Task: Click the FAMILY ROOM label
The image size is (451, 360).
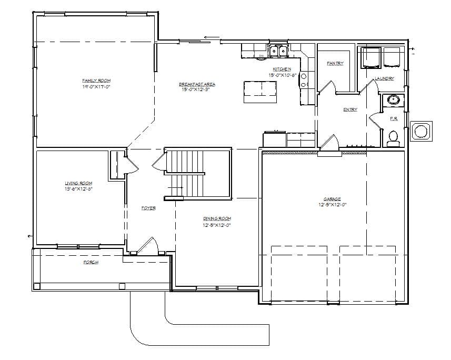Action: pos(96,80)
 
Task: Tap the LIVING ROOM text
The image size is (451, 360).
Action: pos(78,183)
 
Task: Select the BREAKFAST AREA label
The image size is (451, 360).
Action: pos(197,84)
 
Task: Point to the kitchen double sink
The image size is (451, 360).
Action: pos(278,52)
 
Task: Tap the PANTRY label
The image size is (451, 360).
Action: pos(335,63)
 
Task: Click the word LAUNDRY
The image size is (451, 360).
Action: pos(384,79)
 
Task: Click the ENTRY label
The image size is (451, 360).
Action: pos(350,109)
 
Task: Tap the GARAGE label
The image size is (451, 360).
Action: pos(332,199)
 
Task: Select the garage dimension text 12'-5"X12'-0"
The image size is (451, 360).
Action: pos(332,205)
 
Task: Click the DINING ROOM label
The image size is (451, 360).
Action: pos(217,218)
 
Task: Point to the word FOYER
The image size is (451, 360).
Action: pos(148,208)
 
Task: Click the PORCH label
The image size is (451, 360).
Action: pos(91,262)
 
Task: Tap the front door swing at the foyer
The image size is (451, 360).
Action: pos(149,246)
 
